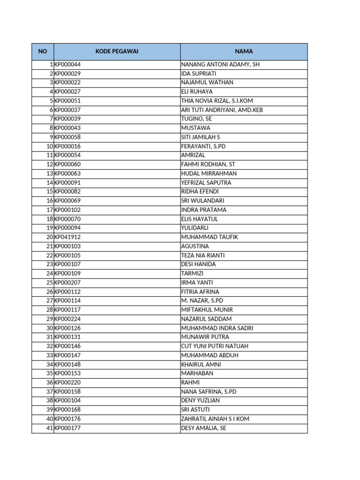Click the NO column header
click(43, 52)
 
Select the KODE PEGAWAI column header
click(117, 52)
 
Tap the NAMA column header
click(244, 52)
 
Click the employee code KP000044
click(67, 65)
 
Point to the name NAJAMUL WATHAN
click(207, 82)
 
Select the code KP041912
click(67, 237)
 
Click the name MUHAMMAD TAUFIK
click(209, 237)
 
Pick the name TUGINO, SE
click(196, 119)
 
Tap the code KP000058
click(67, 137)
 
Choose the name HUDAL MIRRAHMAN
click(209, 173)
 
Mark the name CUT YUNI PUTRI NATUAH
click(215, 346)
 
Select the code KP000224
click(67, 319)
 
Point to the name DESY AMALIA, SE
click(203, 428)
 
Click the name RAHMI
click(190, 382)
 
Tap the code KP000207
click(67, 283)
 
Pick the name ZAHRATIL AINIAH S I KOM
click(215, 419)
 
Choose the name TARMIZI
click(193, 273)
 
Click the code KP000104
click(67, 401)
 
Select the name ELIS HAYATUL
click(199, 219)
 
